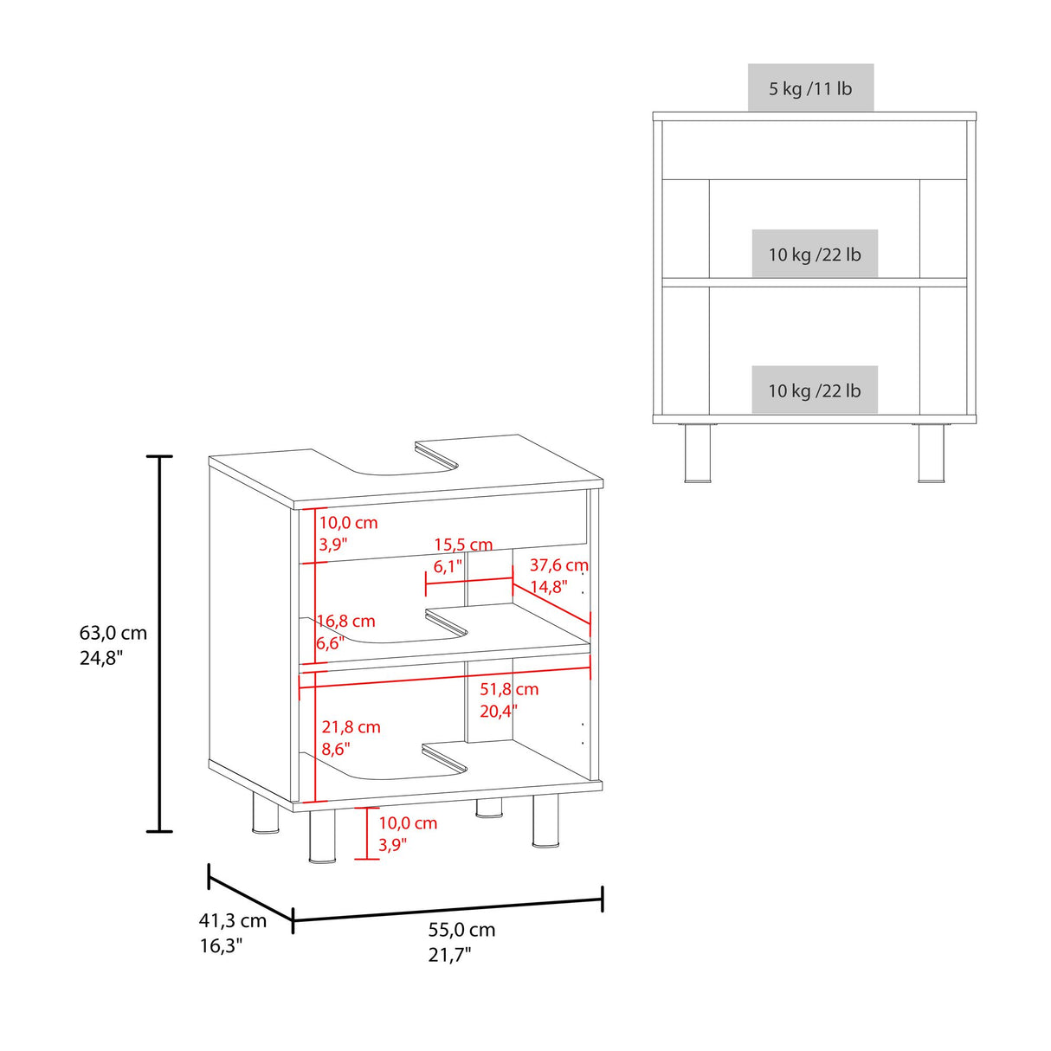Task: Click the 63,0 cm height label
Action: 113,633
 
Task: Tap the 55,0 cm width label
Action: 461,930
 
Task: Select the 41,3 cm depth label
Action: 232,921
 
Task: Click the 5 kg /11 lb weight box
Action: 810,88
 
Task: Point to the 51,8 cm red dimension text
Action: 509,689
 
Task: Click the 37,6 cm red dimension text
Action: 558,565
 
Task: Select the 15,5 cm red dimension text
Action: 463,545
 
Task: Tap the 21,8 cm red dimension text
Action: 351,727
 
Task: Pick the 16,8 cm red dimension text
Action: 346,621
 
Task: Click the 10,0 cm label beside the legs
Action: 408,823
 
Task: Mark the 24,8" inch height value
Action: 101,658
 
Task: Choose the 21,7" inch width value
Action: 449,955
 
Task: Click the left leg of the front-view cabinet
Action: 698,453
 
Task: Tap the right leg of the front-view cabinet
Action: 932,453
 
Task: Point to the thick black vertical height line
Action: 159,643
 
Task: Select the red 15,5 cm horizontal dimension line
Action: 469,582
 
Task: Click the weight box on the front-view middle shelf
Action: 815,255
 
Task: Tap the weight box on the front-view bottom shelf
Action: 815,390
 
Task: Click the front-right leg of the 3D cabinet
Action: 545,821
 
